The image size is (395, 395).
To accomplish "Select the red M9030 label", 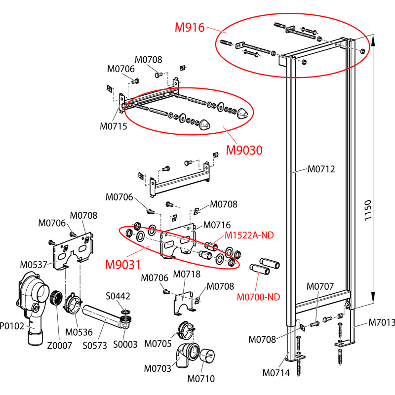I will (x=243, y=149).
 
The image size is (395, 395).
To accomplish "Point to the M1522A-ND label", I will (x=249, y=236).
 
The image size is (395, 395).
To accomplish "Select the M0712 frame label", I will (x=321, y=169).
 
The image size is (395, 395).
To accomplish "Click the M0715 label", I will (x=114, y=126).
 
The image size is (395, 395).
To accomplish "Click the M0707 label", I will (x=320, y=286).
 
